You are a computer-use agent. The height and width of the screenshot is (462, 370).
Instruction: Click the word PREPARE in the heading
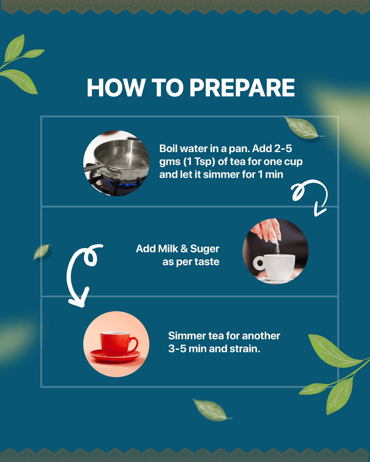242,88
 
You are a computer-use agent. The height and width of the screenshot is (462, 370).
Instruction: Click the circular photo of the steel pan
116,163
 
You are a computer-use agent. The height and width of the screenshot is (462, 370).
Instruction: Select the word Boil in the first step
169,149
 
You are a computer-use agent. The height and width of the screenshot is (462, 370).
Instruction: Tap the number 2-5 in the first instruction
283,149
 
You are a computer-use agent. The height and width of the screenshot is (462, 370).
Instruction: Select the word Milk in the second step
168,249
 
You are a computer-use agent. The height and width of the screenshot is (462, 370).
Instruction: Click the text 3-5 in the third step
177,349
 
